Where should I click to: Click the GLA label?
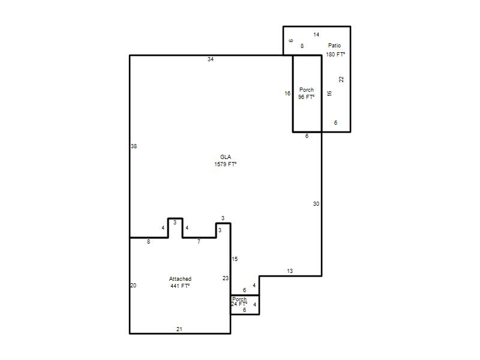[x=226, y=157]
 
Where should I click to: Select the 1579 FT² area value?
[x=226, y=164]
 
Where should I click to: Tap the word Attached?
[x=181, y=279]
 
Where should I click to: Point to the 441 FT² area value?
[x=181, y=286]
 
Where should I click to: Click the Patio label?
[x=334, y=46]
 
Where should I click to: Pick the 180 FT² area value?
[x=335, y=55]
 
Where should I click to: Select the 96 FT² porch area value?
[x=307, y=97]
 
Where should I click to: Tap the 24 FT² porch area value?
[x=239, y=304]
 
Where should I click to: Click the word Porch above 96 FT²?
[x=307, y=89]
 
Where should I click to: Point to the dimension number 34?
[x=211, y=59]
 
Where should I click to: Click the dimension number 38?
[x=134, y=146]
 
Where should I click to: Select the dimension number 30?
[x=316, y=204]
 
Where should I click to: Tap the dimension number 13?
[x=290, y=271]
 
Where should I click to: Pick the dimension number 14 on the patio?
[x=316, y=35]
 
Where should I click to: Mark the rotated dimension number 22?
[x=341, y=79]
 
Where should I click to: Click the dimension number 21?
[x=179, y=329]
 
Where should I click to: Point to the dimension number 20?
[x=133, y=286]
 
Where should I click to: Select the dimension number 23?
[x=226, y=278]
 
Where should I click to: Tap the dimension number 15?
[x=235, y=259]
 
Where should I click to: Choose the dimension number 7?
[x=199, y=242]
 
